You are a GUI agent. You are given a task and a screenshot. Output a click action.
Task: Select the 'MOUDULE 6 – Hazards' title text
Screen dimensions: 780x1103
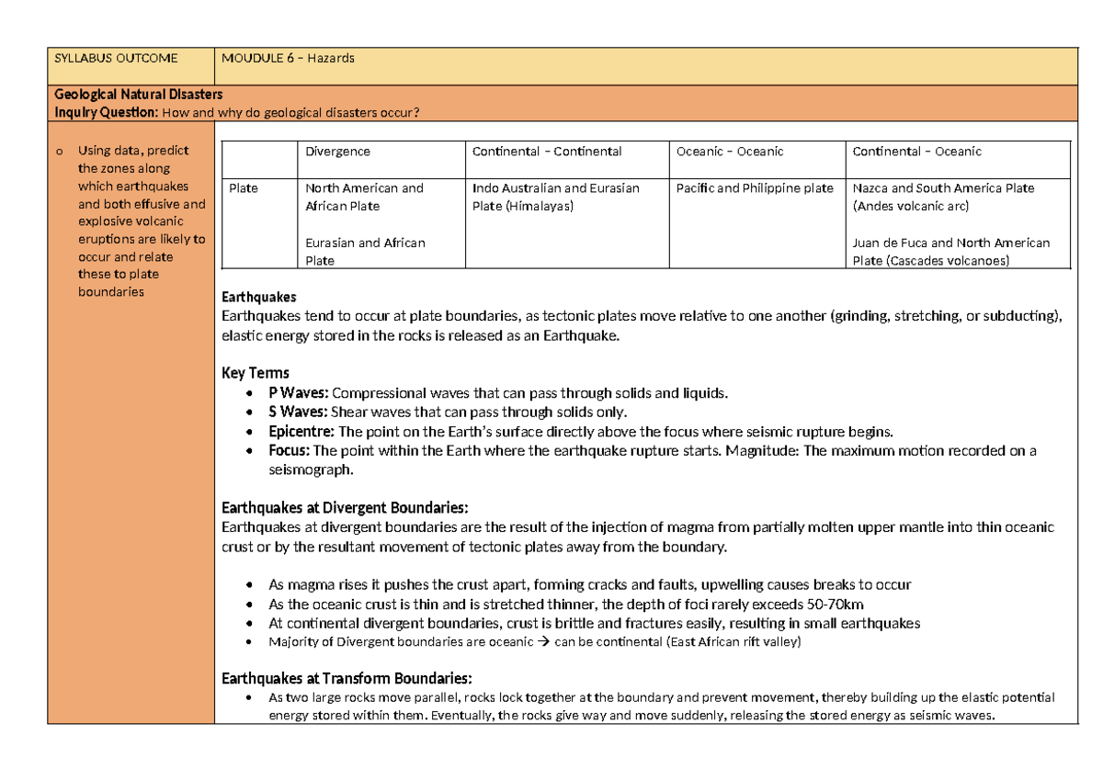point(288,59)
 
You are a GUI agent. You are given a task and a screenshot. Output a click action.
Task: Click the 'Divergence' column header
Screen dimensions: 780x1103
point(337,152)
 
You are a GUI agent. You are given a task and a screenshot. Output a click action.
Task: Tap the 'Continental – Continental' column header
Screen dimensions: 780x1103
point(547,152)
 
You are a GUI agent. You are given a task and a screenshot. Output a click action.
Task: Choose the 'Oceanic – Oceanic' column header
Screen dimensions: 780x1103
point(730,152)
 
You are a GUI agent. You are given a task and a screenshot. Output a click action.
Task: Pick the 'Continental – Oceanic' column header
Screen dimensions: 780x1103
point(916,152)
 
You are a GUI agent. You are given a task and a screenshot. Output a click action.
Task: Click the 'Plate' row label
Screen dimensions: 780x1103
point(244,188)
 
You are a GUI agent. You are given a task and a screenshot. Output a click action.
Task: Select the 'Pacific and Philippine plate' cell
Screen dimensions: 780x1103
point(755,188)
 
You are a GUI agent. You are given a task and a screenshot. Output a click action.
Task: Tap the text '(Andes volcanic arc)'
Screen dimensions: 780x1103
point(910,207)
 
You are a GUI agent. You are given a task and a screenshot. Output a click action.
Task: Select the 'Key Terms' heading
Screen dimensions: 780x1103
point(256,373)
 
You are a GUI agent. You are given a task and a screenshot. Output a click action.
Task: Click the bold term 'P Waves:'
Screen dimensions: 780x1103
point(298,393)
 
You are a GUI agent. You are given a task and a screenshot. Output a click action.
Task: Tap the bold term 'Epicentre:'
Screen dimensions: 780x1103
point(301,431)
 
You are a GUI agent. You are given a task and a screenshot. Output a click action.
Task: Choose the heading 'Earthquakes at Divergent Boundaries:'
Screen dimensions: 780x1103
point(345,508)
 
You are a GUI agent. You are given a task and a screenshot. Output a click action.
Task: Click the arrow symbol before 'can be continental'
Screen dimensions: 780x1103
point(542,642)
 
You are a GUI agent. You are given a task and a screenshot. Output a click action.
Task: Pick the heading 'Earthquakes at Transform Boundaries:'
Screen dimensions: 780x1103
point(347,679)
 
